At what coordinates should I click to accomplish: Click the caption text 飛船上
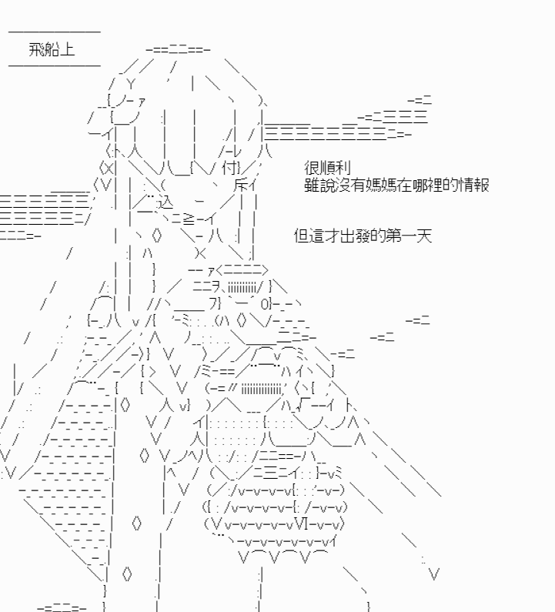(x=52, y=49)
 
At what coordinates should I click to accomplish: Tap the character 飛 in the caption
(x=36, y=49)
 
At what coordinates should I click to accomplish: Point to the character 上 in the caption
(x=67, y=49)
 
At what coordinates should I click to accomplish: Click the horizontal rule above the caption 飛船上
(x=54, y=32)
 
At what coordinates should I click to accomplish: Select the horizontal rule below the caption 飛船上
(x=54, y=65)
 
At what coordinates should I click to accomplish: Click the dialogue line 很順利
(x=327, y=169)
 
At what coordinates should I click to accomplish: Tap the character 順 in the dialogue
(x=327, y=169)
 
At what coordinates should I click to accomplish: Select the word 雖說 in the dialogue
(x=319, y=185)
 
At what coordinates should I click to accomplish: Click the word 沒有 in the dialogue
(x=350, y=185)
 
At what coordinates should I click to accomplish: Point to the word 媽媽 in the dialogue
(x=381, y=185)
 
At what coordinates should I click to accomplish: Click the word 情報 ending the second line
(x=474, y=185)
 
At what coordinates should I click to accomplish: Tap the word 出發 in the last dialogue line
(x=355, y=236)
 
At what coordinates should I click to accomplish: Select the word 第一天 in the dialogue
(x=409, y=236)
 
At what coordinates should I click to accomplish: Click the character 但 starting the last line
(x=301, y=236)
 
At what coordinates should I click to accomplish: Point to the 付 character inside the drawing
(x=230, y=169)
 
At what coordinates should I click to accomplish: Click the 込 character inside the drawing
(x=164, y=202)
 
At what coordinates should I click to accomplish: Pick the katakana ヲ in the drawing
(x=216, y=287)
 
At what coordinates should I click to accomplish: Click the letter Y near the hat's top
(x=132, y=84)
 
